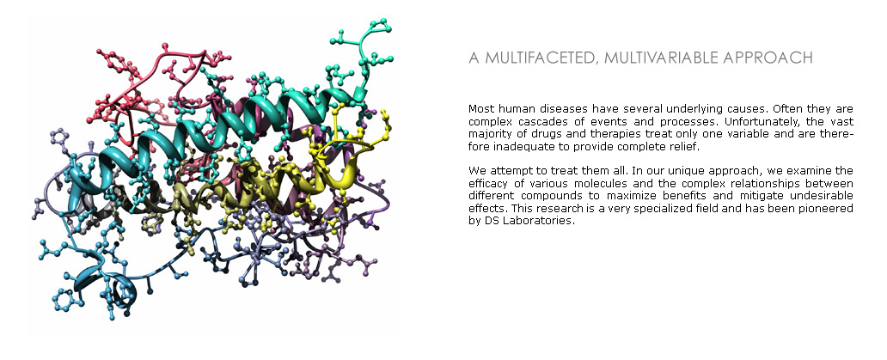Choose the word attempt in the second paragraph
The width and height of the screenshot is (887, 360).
(505, 170)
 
